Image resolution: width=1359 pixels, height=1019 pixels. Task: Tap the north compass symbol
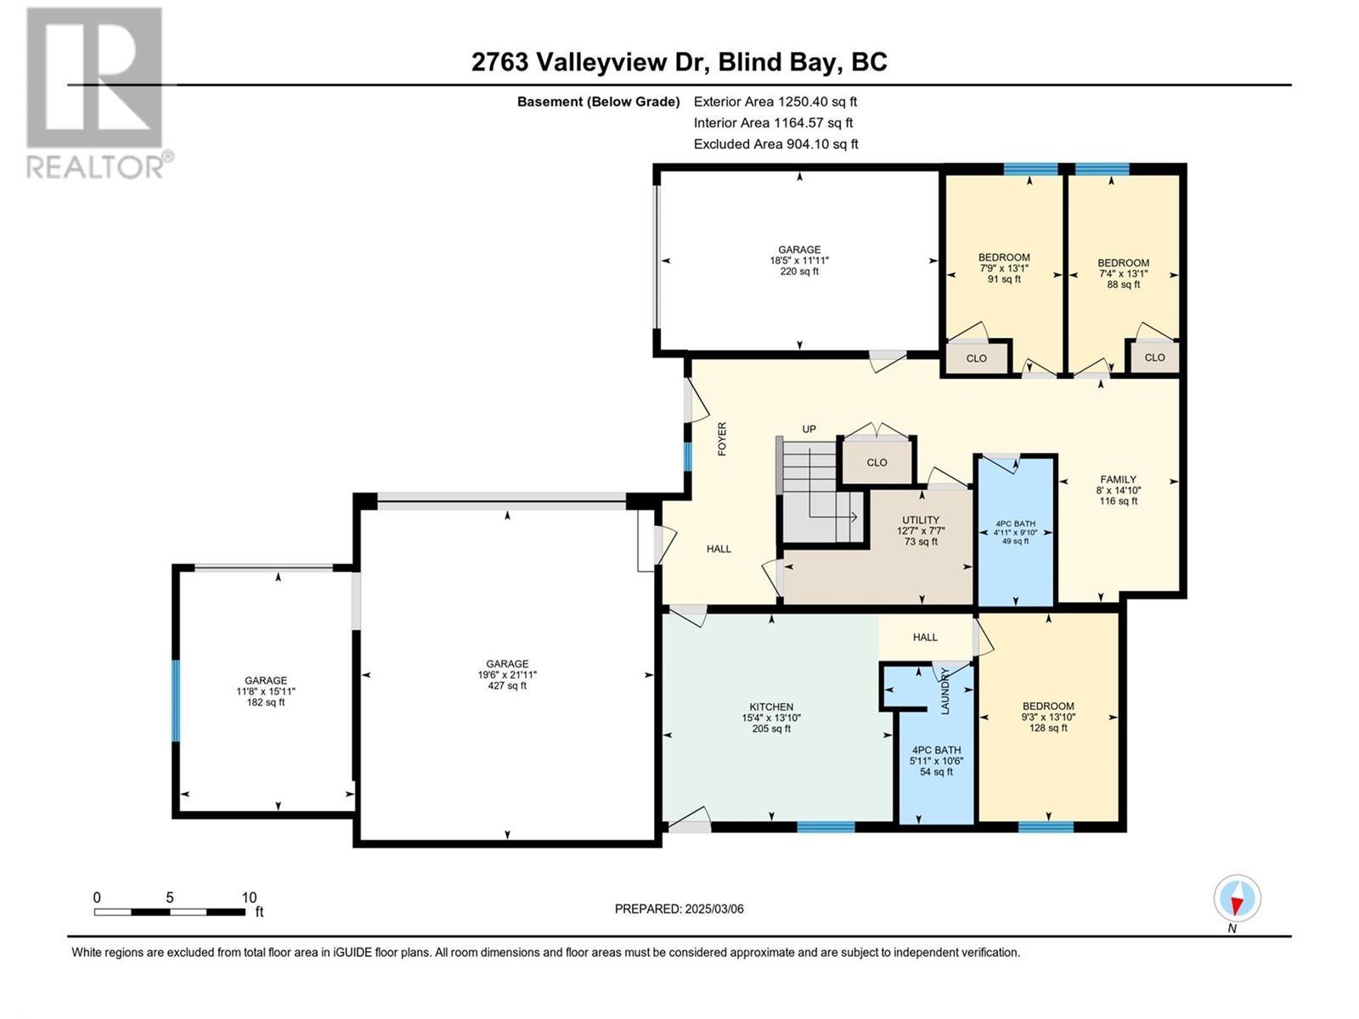(x=1237, y=898)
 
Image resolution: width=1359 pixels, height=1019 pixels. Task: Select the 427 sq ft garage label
(x=507, y=675)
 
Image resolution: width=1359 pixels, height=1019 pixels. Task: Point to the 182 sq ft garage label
(x=266, y=691)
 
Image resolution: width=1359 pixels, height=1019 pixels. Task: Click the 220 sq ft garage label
(x=799, y=261)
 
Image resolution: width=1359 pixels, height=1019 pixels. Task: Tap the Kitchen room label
(x=771, y=718)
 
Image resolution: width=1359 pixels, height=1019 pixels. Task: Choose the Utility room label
(x=921, y=531)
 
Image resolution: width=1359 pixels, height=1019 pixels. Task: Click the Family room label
(x=1118, y=490)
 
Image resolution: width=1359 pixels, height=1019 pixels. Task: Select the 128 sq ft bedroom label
(x=1048, y=717)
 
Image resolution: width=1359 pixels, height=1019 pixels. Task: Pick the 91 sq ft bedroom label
(x=1004, y=267)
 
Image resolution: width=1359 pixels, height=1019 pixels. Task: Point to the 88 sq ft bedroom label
(x=1123, y=273)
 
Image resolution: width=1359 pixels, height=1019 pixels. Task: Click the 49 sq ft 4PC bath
(x=1015, y=532)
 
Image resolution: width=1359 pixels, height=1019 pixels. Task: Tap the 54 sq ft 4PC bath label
(x=936, y=761)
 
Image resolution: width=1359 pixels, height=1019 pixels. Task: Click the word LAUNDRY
(x=945, y=690)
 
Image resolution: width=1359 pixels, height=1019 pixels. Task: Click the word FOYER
(x=722, y=439)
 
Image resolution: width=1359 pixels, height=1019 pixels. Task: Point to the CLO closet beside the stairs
(x=877, y=463)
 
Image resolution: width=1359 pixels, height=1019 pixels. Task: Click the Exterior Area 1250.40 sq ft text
(x=775, y=102)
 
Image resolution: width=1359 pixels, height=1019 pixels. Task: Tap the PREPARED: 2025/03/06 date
(x=679, y=909)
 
